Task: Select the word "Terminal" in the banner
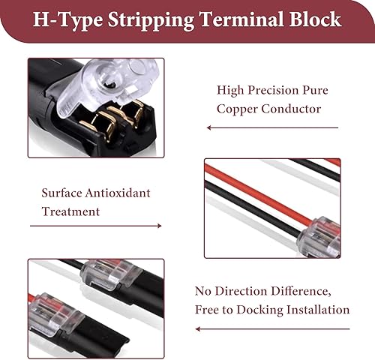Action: pyautogui.click(x=241, y=19)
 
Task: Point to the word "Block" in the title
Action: pyautogui.click(x=315, y=19)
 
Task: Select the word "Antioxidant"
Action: pyautogui.click(x=118, y=193)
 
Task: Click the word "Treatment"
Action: pyautogui.click(x=70, y=211)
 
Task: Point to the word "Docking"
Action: pyautogui.click(x=259, y=310)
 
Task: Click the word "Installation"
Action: pyautogui.click(x=318, y=310)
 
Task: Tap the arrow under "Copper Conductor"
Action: pyautogui.click(x=272, y=127)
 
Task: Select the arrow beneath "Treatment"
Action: pyautogui.click(x=96, y=226)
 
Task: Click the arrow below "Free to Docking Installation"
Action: pyautogui.click(x=272, y=329)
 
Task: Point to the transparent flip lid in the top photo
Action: pyautogui.click(x=106, y=85)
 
